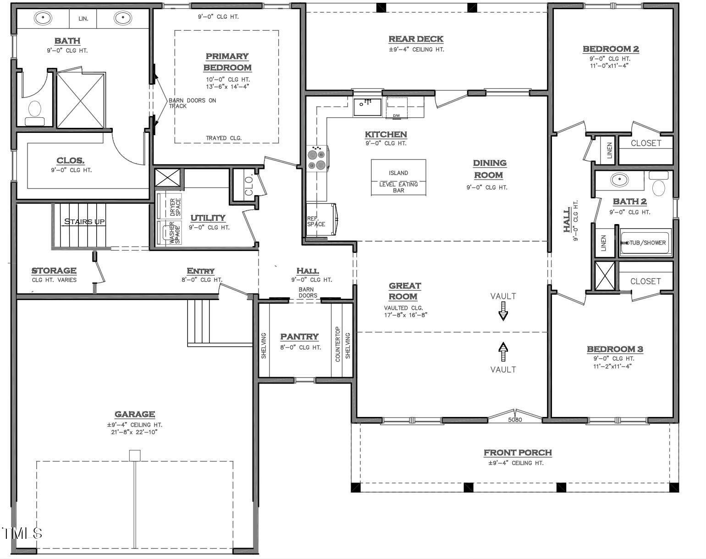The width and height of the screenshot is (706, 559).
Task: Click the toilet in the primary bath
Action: click(35, 113)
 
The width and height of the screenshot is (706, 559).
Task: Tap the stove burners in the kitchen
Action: click(317, 159)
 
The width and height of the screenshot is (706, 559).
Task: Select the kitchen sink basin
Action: click(367, 107)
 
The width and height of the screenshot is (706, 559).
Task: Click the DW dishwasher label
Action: click(396, 115)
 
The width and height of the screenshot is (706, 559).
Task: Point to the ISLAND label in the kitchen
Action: click(398, 173)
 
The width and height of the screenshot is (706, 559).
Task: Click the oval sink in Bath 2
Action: click(619, 180)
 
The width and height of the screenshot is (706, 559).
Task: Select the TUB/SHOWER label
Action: click(647, 243)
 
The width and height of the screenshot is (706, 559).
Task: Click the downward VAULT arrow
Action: click(503, 311)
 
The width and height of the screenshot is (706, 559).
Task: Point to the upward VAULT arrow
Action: click(503, 352)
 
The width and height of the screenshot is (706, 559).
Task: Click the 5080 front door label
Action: click(515, 420)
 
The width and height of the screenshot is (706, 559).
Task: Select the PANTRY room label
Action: click(299, 337)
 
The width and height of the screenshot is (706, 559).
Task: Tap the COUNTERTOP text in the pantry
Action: click(337, 344)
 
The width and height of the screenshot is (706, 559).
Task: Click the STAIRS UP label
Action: click(84, 222)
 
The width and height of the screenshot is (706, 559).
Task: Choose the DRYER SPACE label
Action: click(175, 207)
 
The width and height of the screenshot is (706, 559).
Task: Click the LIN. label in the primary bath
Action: click(83, 19)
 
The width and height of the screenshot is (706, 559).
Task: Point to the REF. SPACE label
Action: click(316, 221)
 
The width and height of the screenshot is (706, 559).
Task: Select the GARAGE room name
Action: click(135, 414)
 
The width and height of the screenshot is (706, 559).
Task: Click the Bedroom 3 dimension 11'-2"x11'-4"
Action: click(612, 366)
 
